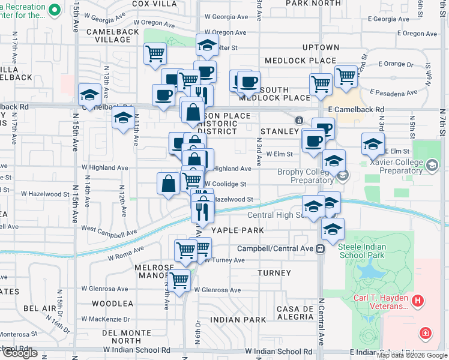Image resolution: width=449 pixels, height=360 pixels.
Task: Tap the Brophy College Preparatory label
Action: point(312,176)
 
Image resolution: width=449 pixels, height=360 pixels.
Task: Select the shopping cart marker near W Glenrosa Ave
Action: point(178,279)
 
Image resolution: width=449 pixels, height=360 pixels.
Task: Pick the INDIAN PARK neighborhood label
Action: point(238,320)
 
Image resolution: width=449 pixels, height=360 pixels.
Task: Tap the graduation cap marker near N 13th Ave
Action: point(90,94)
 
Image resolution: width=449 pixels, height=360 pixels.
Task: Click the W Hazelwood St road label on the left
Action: point(45,194)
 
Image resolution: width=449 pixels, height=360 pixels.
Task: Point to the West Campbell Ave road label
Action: point(109,230)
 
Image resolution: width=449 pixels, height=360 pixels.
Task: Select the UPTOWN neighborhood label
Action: point(321,47)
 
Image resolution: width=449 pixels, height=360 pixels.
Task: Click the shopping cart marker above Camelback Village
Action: point(155,53)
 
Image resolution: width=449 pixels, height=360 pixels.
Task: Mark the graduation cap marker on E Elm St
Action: point(373,144)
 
